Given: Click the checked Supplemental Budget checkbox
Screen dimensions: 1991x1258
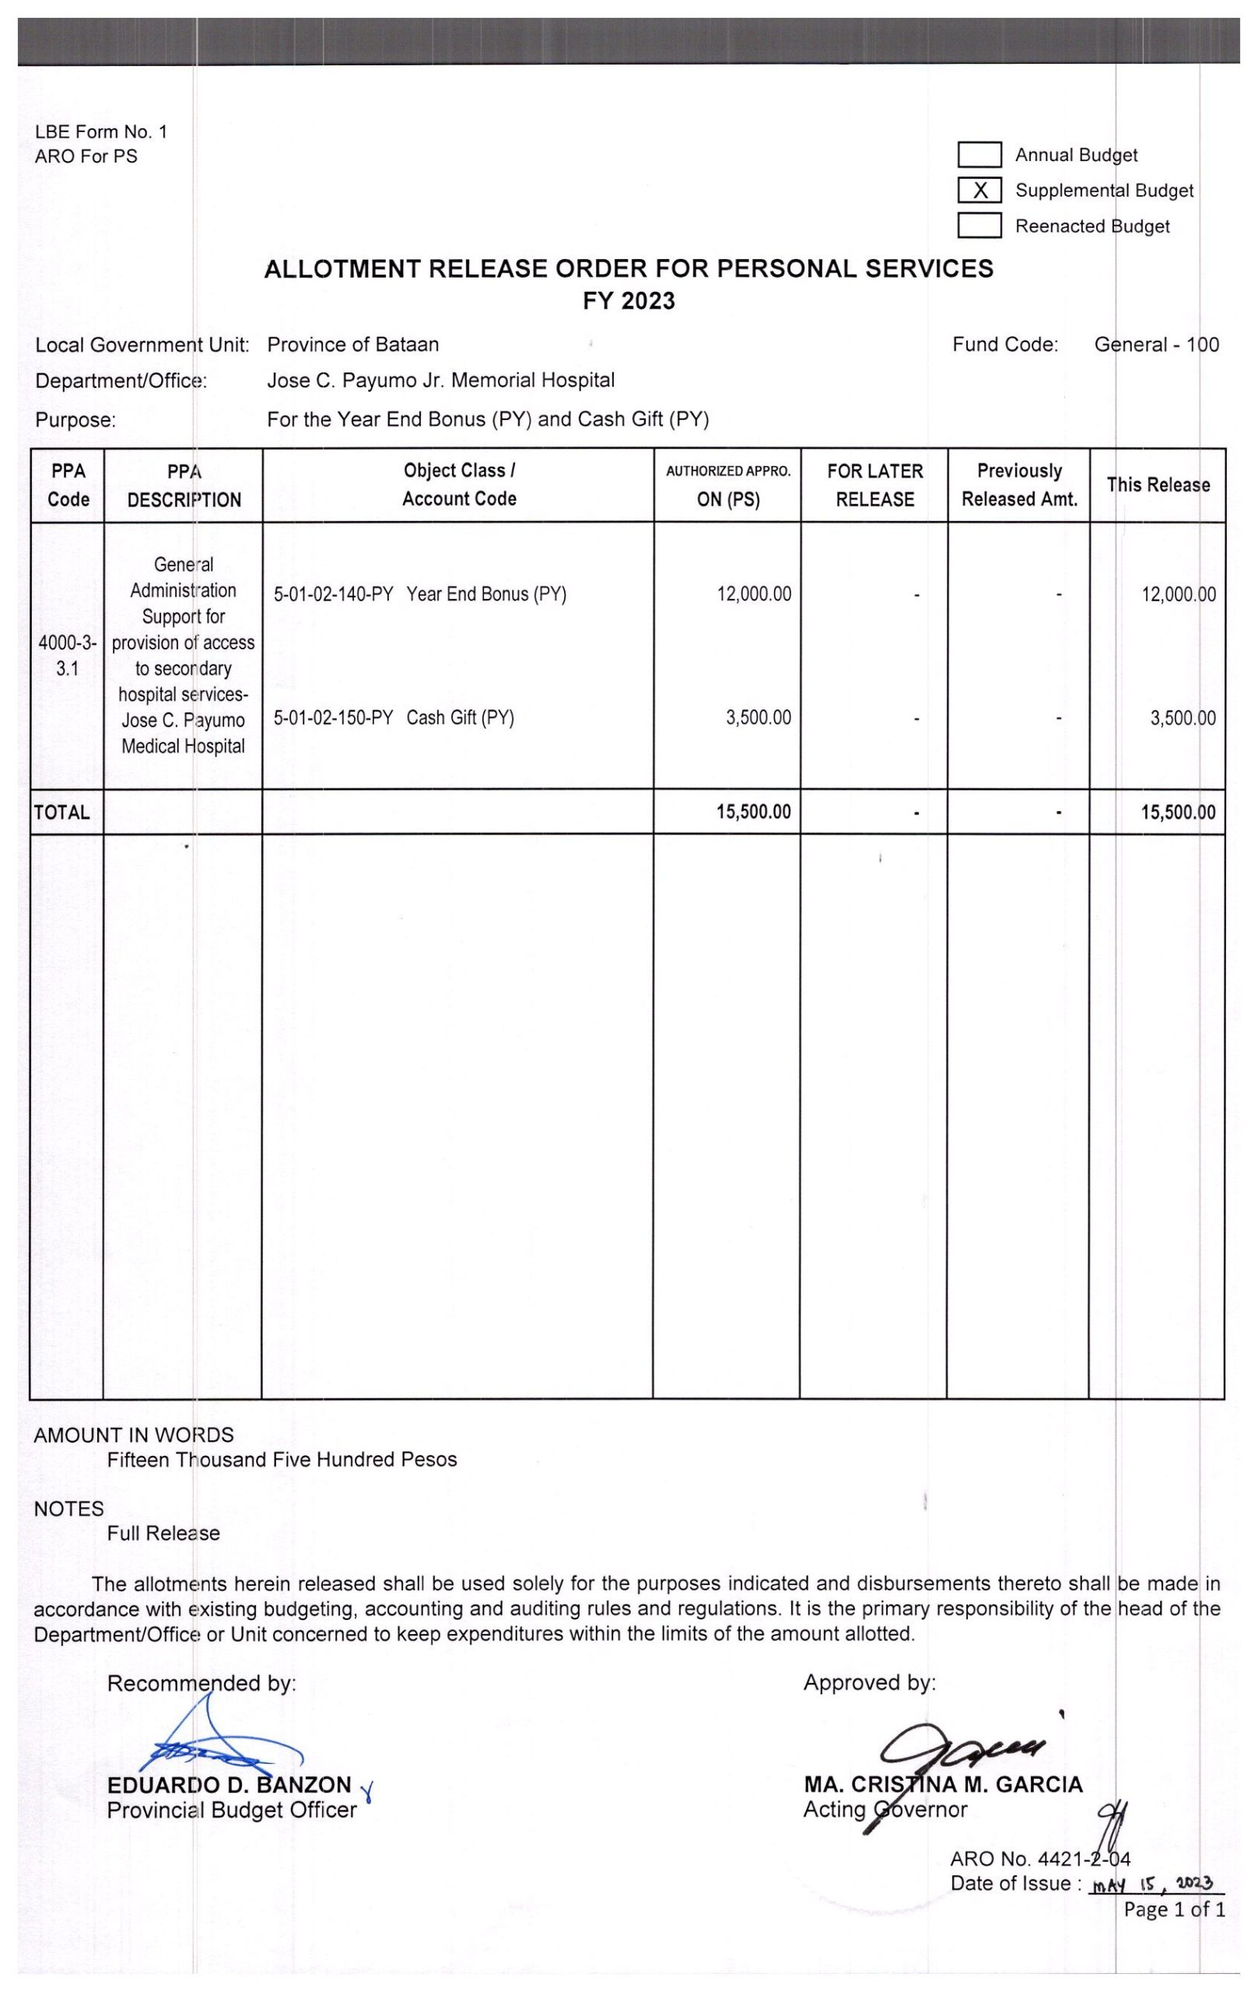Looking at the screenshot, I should coord(979,191).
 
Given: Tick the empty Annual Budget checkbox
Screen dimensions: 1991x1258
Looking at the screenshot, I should coord(979,155).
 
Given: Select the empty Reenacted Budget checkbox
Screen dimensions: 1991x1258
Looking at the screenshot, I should coord(979,226).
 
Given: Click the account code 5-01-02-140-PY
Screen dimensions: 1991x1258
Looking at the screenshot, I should coord(332,594).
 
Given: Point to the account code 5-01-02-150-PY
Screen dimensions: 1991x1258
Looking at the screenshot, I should coord(332,718).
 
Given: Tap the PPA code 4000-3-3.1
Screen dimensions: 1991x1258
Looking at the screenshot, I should coord(67,655).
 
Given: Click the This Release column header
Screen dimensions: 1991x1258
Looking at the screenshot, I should coord(1157,485).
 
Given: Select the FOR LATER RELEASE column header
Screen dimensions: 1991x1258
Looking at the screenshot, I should coord(874,485).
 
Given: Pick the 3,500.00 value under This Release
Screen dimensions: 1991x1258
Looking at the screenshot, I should coord(1182,718).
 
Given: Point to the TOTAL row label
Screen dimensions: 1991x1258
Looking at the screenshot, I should coord(62,812).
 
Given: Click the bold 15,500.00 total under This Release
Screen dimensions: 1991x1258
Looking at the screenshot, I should coord(1178,812).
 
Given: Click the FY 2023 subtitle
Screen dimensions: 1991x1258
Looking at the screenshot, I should coord(629,301).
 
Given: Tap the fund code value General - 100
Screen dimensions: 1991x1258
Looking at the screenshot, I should coord(1155,345).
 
